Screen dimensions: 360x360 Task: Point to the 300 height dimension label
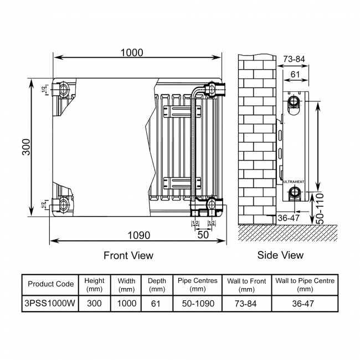pyautogui.click(x=27, y=147)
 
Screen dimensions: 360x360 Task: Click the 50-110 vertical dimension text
pyautogui.click(x=320, y=208)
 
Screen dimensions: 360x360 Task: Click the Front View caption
pyautogui.click(x=128, y=255)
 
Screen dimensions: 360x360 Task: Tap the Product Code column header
pyautogui.click(x=50, y=284)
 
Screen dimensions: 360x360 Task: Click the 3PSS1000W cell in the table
pyautogui.click(x=50, y=304)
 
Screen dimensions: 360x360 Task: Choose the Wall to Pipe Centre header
pyautogui.click(x=305, y=284)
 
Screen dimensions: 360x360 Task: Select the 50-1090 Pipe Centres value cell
pyautogui.click(x=198, y=304)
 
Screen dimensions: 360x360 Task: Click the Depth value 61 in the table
pyautogui.click(x=157, y=304)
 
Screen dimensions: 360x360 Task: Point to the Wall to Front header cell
pyautogui.click(x=246, y=284)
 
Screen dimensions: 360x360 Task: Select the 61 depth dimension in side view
pyautogui.click(x=295, y=74)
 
